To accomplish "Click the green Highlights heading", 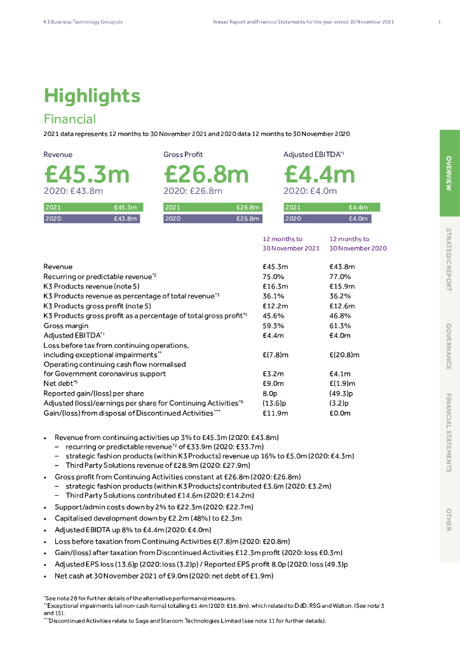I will click(91, 96).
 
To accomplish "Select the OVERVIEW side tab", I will click(449, 173).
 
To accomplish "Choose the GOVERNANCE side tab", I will click(449, 346).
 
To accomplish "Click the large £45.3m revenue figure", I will click(86, 174).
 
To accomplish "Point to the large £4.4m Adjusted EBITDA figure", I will click(320, 174).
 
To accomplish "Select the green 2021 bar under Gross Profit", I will click(213, 207).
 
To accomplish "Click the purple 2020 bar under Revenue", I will click(91, 219).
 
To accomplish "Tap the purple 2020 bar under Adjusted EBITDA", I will click(327, 219).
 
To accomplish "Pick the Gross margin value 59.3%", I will click(273, 325).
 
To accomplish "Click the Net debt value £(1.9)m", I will click(342, 383).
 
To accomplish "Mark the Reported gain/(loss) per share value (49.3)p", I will click(341, 394).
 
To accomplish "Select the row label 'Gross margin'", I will click(62, 325).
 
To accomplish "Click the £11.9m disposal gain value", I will click(275, 413).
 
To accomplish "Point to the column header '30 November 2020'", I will click(358, 249).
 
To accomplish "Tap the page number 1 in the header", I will click(440, 22).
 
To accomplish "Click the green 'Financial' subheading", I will click(70, 119).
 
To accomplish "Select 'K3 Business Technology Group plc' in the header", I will click(79, 22).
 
